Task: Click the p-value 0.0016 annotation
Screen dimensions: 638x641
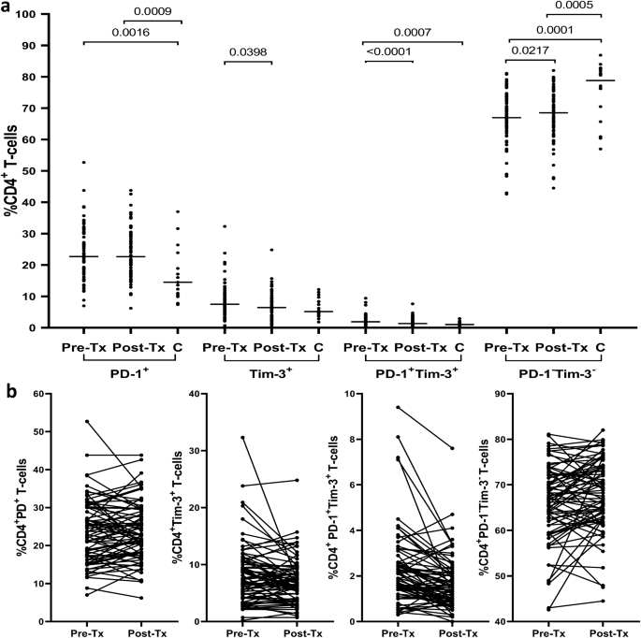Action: pyautogui.click(x=106, y=31)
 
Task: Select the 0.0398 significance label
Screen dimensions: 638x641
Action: pyautogui.click(x=246, y=51)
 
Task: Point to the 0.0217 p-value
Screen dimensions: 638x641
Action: pyautogui.click(x=529, y=51)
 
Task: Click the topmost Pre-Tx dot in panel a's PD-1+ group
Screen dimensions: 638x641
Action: pyautogui.click(x=83, y=163)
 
